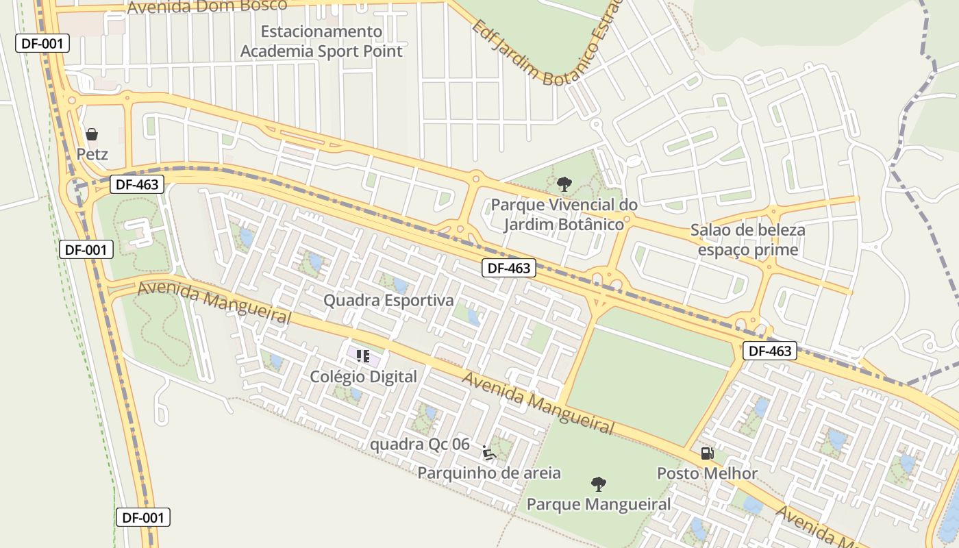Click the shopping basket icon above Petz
[92, 134]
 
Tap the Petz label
[92, 154]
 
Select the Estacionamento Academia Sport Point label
[321, 41]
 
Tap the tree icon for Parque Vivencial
[564, 184]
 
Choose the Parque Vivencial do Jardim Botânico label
[564, 214]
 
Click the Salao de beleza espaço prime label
[747, 240]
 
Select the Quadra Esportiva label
[388, 301]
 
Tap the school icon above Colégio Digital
[363, 356]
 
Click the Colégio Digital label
[363, 377]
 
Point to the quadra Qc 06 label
[420, 445]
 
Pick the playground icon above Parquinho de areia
[489, 453]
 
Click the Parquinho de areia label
[489, 473]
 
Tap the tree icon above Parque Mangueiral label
[599, 484]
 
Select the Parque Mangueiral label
[599, 505]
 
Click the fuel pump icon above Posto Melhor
[707, 453]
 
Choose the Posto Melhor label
[707, 473]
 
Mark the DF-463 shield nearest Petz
[137, 184]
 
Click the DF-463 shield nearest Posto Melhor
[770, 351]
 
